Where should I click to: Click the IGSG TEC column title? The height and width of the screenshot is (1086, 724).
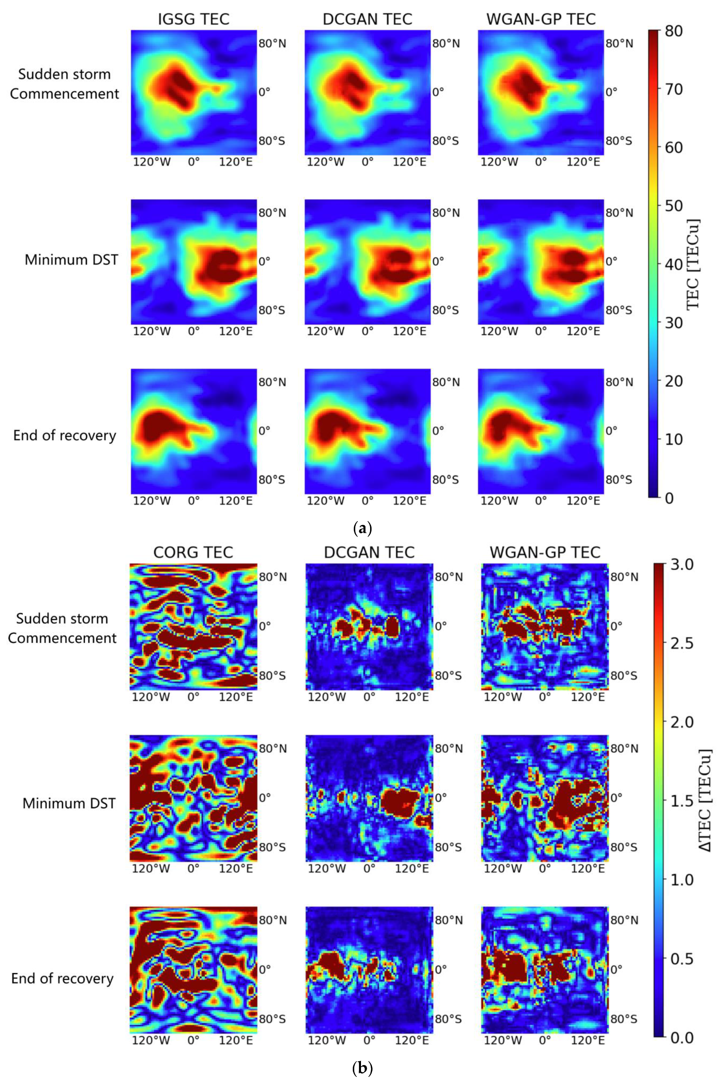(193, 19)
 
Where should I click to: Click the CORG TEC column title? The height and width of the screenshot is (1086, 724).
(193, 552)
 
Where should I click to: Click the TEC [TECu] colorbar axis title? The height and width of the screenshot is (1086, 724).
(693, 264)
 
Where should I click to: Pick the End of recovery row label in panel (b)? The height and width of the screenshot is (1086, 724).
(62, 978)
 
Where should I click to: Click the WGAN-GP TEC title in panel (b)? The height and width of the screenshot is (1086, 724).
(545, 552)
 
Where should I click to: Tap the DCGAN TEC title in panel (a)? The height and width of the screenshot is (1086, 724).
(367, 19)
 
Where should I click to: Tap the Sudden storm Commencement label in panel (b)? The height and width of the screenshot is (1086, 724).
(62, 628)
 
